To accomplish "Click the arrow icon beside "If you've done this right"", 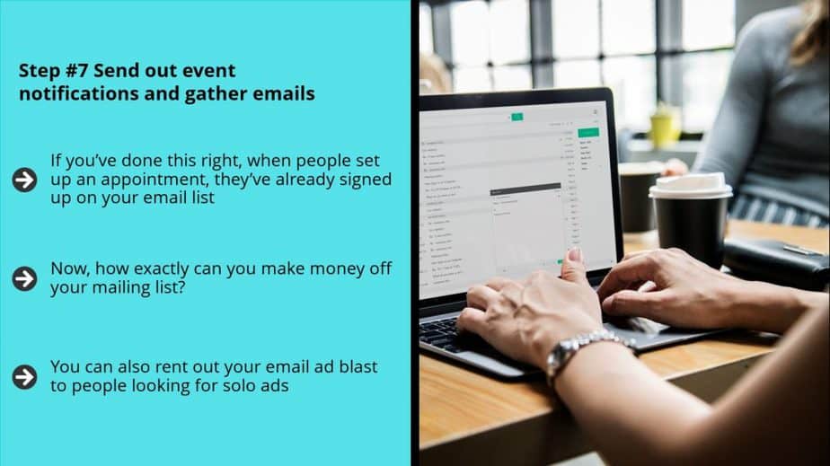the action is click(24, 180).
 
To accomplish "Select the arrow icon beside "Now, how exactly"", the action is click(24, 278).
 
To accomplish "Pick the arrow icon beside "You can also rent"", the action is click(24, 376).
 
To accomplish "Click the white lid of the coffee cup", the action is click(690, 186).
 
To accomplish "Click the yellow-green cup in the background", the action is click(665, 126).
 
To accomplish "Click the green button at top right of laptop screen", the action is click(588, 132).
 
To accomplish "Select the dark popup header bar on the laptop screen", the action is click(525, 188).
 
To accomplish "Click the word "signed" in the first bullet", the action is click(366, 180).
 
